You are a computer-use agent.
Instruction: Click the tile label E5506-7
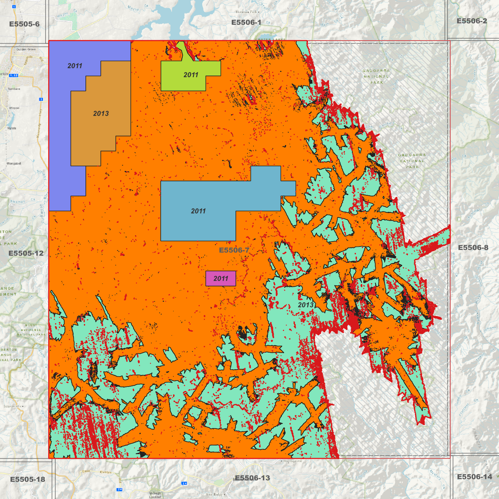pyautogui.click(x=234, y=250)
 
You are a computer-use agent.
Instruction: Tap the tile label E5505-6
pyautogui.click(x=24, y=24)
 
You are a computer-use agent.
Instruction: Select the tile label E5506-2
pyautogui.click(x=472, y=21)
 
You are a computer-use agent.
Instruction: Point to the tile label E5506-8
pyautogui.click(x=473, y=248)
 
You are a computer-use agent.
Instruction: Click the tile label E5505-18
pyautogui.click(x=28, y=479)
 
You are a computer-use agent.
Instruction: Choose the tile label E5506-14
pyautogui.click(x=474, y=477)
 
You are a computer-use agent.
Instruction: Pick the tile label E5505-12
pyautogui.click(x=26, y=253)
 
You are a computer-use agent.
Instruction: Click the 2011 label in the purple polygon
pyautogui.click(x=75, y=66)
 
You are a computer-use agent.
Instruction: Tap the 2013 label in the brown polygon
pyautogui.click(x=101, y=114)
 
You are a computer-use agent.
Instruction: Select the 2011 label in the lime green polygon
pyautogui.click(x=191, y=75)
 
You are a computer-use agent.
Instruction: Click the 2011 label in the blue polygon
pyautogui.click(x=198, y=211)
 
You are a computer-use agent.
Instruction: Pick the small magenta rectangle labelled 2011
pyautogui.click(x=221, y=279)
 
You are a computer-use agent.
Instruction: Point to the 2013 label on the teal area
pyautogui.click(x=305, y=305)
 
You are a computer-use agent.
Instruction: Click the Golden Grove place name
pyautogui.click(x=26, y=49)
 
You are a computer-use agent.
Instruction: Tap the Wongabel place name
pyautogui.click(x=14, y=163)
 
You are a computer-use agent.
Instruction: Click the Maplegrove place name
pyautogui.click(x=293, y=461)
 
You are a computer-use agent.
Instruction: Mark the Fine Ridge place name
pyautogui.click(x=214, y=495)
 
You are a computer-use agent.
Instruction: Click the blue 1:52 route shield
pyautogui.click(x=14, y=75)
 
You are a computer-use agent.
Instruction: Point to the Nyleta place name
pyautogui.click(x=12, y=128)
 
